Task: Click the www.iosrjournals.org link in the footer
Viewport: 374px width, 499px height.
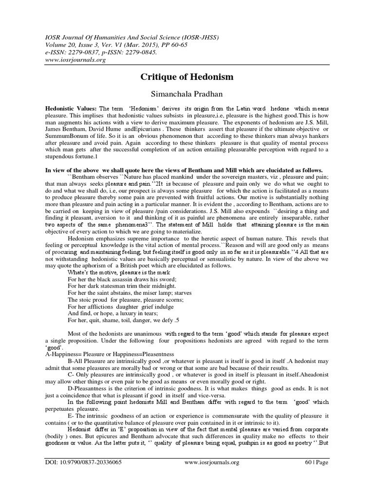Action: pos(214,489)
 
